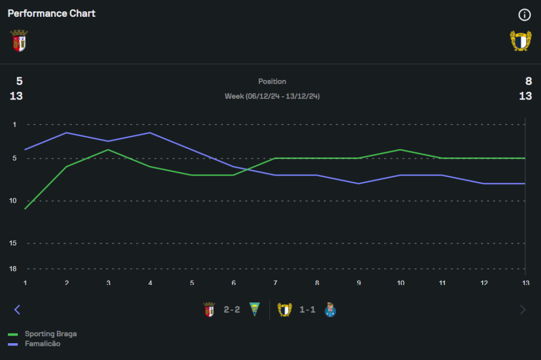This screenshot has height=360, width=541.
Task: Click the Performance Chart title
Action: point(51,14)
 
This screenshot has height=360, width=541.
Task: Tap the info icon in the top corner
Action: point(524,15)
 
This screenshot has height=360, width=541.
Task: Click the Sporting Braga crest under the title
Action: point(19,41)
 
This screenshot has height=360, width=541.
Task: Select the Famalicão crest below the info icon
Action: point(520,41)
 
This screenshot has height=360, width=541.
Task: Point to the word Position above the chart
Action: point(272,82)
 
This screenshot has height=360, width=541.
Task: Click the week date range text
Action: point(272,96)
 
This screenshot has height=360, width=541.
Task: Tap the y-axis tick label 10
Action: point(14,201)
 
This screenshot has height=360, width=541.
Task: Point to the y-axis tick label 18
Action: point(14,269)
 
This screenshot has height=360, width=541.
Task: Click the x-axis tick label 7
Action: point(275,283)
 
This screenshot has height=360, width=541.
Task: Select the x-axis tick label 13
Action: point(525,283)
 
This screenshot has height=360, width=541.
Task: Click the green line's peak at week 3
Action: point(108,150)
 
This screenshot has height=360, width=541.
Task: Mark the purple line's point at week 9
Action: point(358,184)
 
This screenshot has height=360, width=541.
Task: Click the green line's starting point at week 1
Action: point(25,209)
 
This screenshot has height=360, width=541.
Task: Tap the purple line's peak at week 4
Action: point(150,132)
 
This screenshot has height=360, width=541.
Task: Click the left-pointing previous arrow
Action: point(17,310)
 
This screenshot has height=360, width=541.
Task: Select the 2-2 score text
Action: point(232,310)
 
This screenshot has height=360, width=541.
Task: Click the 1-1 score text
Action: point(307,310)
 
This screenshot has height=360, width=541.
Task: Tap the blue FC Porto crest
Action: point(330,310)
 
